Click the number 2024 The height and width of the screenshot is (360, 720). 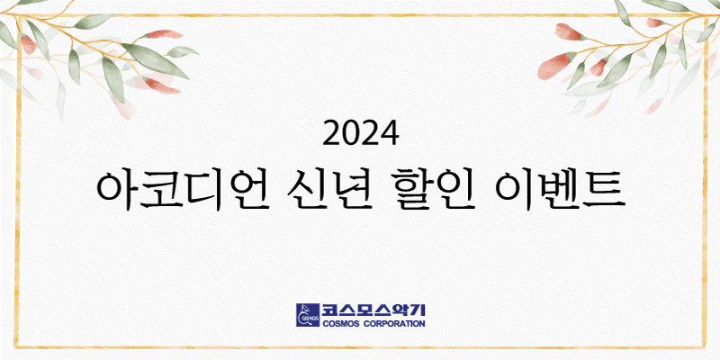coord(361,133)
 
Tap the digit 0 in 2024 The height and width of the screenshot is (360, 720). coord(351,133)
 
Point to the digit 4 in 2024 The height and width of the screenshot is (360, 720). coord(390,133)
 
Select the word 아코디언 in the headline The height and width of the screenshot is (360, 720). coord(183,191)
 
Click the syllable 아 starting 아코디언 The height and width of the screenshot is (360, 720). coord(117,191)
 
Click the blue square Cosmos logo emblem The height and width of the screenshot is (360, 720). coord(308,315)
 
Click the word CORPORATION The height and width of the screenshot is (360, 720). coord(397,324)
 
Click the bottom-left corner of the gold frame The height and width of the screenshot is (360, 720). coord(16,346)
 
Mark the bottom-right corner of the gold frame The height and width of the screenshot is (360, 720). coord(705,346)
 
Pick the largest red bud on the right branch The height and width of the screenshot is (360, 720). coord(555,66)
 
